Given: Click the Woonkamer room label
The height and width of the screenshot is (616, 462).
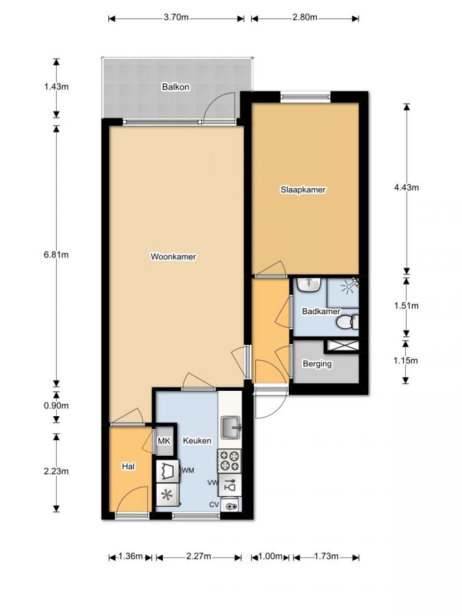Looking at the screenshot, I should pos(173,257).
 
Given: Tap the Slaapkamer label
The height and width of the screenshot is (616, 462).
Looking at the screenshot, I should pos(303,190).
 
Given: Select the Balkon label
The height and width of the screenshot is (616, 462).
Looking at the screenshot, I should pos(175,87).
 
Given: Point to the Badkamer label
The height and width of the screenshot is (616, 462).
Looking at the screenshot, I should pos(321,311).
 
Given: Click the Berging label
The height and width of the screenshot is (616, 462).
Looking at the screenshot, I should pos(317,363).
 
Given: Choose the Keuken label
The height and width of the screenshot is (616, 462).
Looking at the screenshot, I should pos(197,441).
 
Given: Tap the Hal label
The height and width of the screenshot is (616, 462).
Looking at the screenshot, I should pos(128,466).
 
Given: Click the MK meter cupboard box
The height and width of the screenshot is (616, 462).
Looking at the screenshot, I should pos(164,441).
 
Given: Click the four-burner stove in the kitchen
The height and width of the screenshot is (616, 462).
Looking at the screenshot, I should pos(231,461).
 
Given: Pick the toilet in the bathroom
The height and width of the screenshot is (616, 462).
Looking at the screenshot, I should pos(350,320).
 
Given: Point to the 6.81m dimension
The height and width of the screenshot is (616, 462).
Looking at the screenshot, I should pos(56,255).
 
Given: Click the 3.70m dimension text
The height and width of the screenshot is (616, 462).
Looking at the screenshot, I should pos(176,18).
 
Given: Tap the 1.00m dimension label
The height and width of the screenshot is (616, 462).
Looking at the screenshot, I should pos(272,557).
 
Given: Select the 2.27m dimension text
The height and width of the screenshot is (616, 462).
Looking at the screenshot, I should pos(199,557).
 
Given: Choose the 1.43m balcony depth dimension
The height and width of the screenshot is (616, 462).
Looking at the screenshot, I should pos(56,88).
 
